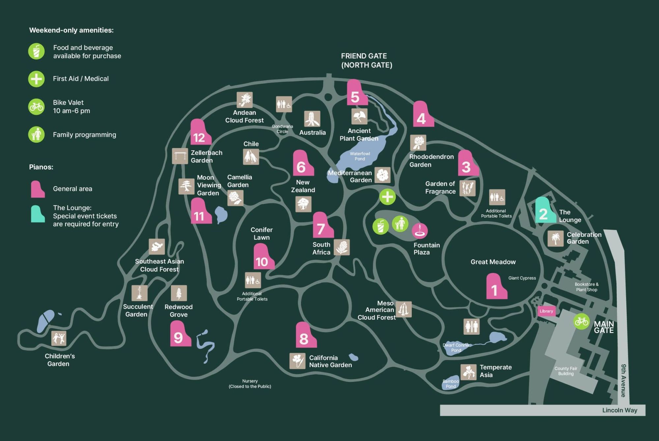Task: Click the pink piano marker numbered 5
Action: click(356, 94)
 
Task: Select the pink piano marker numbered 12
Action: click(200, 133)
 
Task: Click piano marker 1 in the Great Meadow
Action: click(496, 287)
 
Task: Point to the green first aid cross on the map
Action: click(387, 197)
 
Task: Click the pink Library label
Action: click(546, 311)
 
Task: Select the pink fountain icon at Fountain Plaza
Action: click(420, 231)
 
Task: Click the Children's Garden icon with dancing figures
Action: click(59, 338)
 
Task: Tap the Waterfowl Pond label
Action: click(360, 156)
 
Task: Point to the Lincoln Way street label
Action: click(619, 410)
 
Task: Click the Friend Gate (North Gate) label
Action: click(366, 61)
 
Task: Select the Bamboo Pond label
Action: click(451, 384)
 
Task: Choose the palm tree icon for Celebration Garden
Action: click(556, 238)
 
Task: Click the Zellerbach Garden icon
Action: click(180, 156)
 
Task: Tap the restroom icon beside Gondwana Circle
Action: click(284, 104)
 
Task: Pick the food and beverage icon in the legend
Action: click(36, 52)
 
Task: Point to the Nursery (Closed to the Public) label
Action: click(250, 384)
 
